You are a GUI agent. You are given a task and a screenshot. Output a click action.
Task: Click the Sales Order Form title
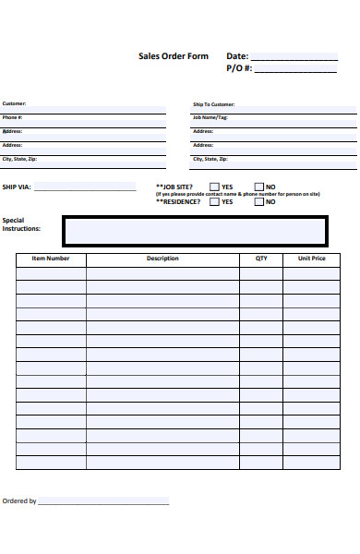click(174, 56)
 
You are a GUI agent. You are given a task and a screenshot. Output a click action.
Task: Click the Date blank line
click(294, 57)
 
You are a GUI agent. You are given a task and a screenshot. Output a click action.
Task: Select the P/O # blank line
click(294, 69)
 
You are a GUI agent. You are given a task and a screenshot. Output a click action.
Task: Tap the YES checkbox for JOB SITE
click(214, 187)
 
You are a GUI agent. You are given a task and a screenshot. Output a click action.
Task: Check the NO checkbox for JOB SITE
click(258, 187)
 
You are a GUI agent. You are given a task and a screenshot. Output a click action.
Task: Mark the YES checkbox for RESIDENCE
click(214, 201)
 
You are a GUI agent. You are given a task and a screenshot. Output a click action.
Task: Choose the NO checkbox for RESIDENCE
click(258, 201)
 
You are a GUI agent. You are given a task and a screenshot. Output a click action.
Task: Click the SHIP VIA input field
click(85, 187)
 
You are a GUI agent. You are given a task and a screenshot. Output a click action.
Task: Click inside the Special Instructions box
click(194, 231)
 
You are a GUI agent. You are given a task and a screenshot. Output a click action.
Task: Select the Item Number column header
click(51, 259)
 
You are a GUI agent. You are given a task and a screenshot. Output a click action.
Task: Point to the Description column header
click(162, 259)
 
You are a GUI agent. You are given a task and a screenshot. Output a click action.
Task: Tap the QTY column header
click(261, 259)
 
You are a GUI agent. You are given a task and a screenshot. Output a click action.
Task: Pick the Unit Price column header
click(311, 259)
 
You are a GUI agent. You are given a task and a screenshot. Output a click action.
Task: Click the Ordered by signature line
click(103, 501)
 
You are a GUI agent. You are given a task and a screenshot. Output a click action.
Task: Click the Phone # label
click(13, 117)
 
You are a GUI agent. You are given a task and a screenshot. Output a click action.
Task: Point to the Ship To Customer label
click(213, 104)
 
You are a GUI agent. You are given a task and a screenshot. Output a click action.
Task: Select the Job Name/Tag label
click(210, 117)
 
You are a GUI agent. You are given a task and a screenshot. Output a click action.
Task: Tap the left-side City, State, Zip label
click(19, 159)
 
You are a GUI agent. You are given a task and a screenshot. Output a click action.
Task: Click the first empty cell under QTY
click(261, 273)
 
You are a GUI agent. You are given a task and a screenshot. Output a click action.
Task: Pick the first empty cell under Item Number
click(51, 273)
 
